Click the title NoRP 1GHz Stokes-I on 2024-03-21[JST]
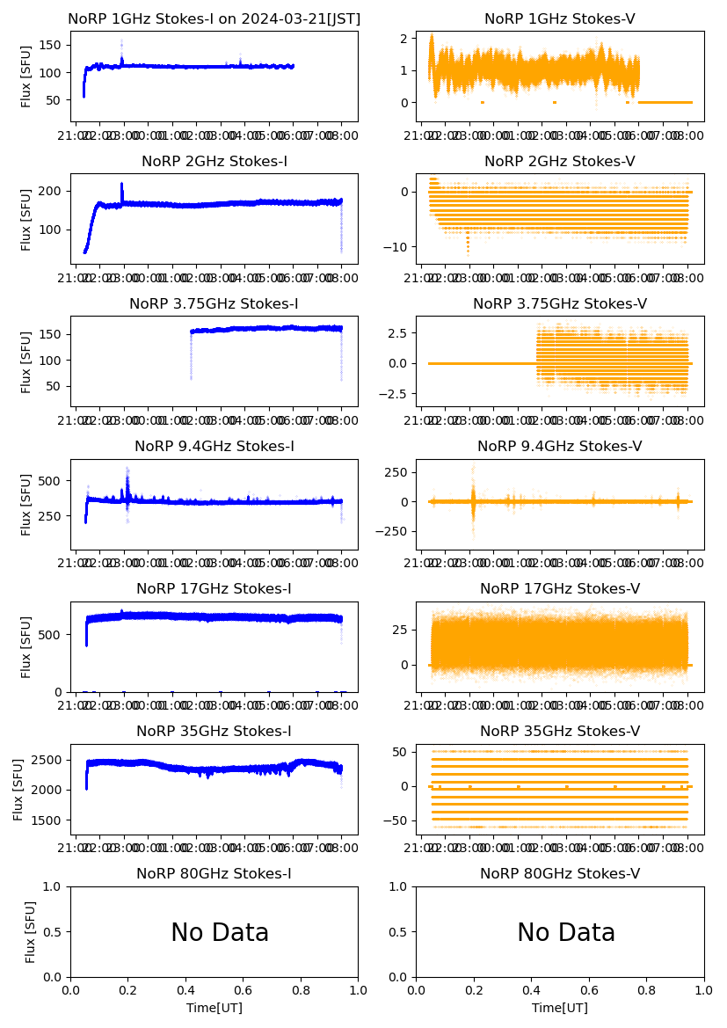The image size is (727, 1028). tap(214, 18)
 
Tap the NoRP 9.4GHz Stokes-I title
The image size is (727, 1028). tap(214, 446)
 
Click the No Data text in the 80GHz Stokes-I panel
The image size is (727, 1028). tap(220, 932)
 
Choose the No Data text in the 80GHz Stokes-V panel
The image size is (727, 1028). tap(566, 932)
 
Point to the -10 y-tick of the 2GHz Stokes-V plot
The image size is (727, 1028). tap(396, 247)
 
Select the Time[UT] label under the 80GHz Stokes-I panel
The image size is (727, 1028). tap(214, 1008)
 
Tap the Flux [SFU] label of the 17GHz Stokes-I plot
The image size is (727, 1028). tap(26, 646)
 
